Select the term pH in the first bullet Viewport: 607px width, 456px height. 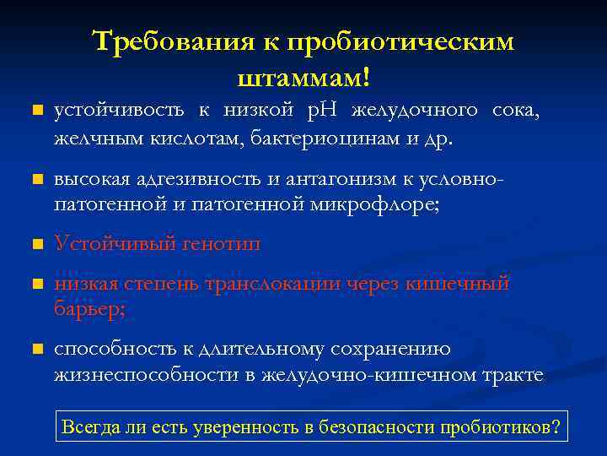click(323, 109)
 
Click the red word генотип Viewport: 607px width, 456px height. click(219, 244)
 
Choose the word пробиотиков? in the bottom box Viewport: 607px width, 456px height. click(502, 426)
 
